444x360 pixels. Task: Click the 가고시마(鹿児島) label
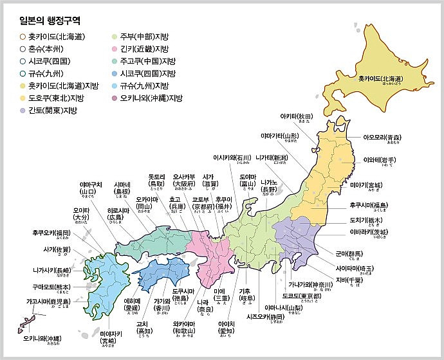click(44, 301)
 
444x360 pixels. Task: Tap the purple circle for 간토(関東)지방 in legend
click(24, 111)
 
